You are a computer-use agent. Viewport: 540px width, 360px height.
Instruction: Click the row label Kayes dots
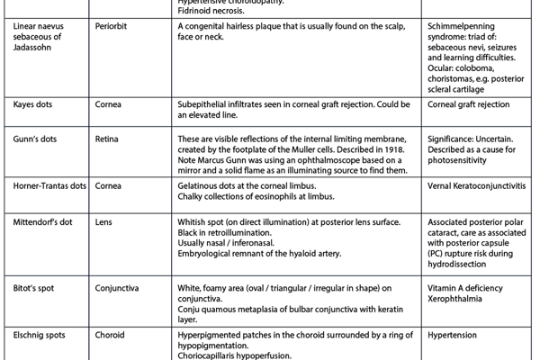(x=33, y=104)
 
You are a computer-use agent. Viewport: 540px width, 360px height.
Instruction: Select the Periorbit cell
(x=113, y=28)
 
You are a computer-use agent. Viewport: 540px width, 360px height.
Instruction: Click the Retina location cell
(x=109, y=141)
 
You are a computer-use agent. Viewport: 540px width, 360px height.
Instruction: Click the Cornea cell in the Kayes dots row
(x=110, y=104)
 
